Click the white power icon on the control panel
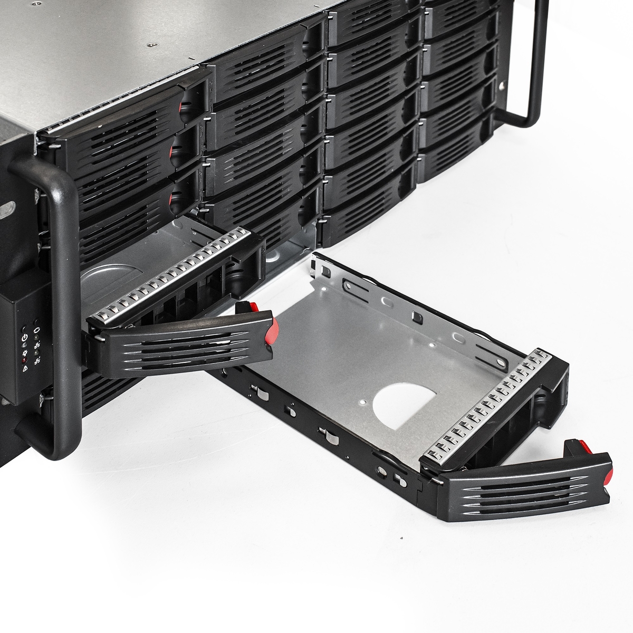coord(24,338)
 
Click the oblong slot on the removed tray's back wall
coord(388,303)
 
